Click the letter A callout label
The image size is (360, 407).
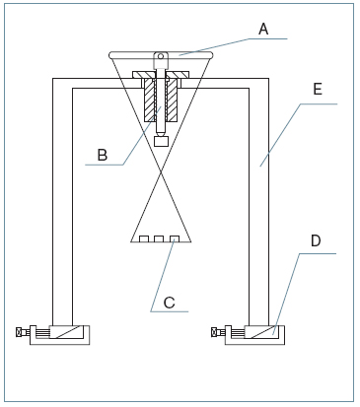263,29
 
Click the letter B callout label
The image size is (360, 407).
103,155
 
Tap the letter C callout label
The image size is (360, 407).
170,303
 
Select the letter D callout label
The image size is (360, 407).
316,241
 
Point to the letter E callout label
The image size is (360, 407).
318,90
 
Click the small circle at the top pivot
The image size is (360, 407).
161,56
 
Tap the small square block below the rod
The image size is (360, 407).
161,142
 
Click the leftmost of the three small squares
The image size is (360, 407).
144,238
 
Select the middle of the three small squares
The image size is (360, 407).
159,238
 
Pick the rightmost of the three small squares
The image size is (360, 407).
175,238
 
